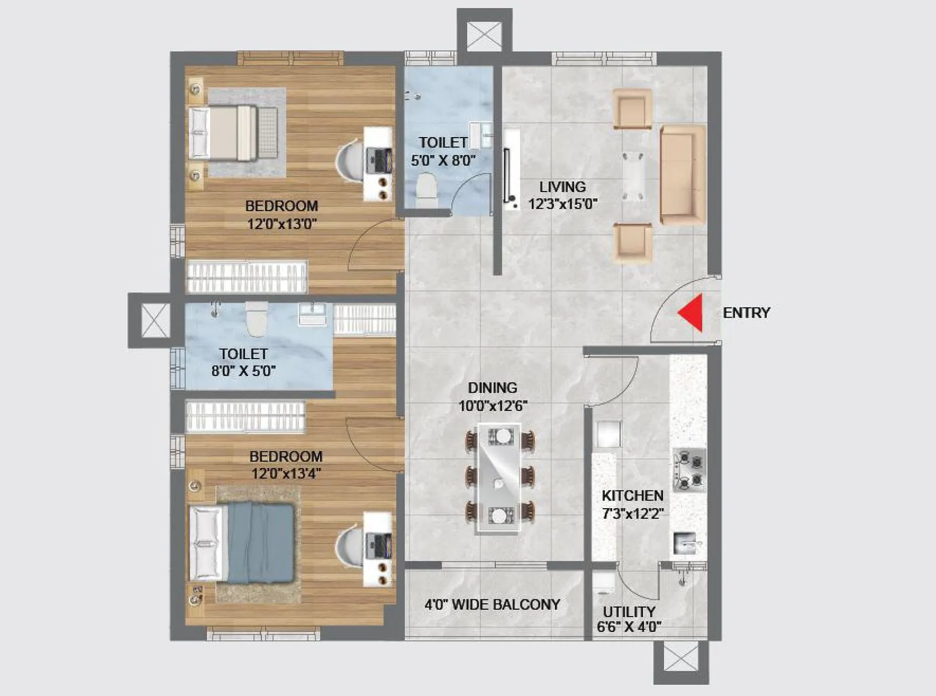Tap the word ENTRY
(x=746, y=313)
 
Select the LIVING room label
(x=562, y=187)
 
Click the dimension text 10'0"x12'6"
(x=492, y=406)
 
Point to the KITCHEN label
(x=632, y=495)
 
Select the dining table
(x=499, y=478)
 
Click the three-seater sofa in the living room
(x=683, y=175)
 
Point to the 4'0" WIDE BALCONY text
(x=492, y=604)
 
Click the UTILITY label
(x=629, y=611)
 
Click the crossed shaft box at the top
(x=484, y=35)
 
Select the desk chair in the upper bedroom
(x=349, y=161)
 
